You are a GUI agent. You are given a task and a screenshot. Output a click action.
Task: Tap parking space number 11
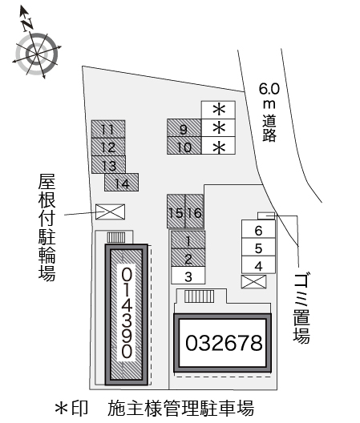point(107,129)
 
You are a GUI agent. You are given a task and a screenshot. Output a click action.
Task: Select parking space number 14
point(121,183)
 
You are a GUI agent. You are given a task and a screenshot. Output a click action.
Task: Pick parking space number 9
point(184,128)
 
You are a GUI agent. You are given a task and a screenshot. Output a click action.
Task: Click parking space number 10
point(184,146)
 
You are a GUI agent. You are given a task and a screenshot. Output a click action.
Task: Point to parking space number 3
point(188,276)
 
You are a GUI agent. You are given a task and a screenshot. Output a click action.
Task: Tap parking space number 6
point(258,230)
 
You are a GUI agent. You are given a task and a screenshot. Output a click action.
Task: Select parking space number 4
point(258,265)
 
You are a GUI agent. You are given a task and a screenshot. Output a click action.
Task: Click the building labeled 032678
point(224,343)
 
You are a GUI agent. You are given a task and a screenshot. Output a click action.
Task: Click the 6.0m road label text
point(268,111)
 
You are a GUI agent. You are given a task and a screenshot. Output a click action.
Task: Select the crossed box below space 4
point(253,281)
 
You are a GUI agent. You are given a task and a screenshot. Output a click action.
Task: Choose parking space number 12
point(108,147)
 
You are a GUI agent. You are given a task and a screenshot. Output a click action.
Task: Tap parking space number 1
point(188,240)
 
